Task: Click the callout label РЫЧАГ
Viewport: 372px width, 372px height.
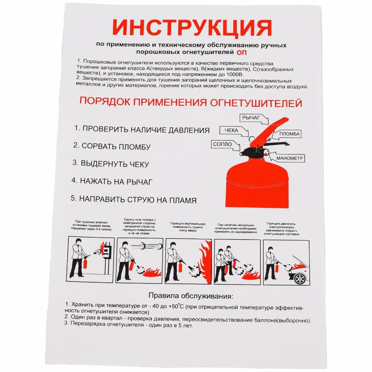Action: pyautogui.click(x=250, y=118)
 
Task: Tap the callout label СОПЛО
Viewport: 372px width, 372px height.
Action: pyautogui.click(x=222, y=144)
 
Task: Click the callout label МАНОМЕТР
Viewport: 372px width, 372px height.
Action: pyautogui.click(x=290, y=158)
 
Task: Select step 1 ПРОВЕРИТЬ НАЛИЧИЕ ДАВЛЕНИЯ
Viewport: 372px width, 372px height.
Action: pyautogui.click(x=142, y=130)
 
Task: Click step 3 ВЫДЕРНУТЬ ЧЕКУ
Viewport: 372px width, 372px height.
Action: pyautogui.click(x=110, y=164)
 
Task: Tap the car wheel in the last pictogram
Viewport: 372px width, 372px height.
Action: pyautogui.click(x=300, y=279)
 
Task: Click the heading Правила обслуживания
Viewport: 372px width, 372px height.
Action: pyautogui.click(x=191, y=296)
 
